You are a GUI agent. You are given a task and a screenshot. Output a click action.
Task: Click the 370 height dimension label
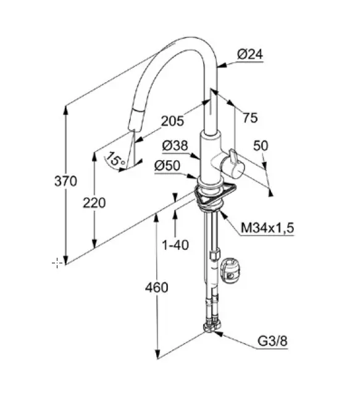[65, 181]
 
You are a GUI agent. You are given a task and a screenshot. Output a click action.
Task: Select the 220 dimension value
[94, 203]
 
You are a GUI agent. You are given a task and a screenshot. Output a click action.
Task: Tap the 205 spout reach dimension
[172, 121]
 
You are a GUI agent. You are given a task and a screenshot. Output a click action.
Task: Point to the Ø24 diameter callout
[250, 54]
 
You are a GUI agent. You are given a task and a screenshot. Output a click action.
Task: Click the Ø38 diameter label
[175, 146]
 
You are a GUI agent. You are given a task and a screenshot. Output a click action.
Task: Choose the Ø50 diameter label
[167, 166]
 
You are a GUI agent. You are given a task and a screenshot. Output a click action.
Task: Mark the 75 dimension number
[250, 117]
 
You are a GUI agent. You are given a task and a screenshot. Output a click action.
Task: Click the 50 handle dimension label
[261, 146]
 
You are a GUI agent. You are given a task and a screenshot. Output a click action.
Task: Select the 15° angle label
[116, 159]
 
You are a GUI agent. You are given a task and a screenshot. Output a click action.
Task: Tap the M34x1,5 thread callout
[267, 228]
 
